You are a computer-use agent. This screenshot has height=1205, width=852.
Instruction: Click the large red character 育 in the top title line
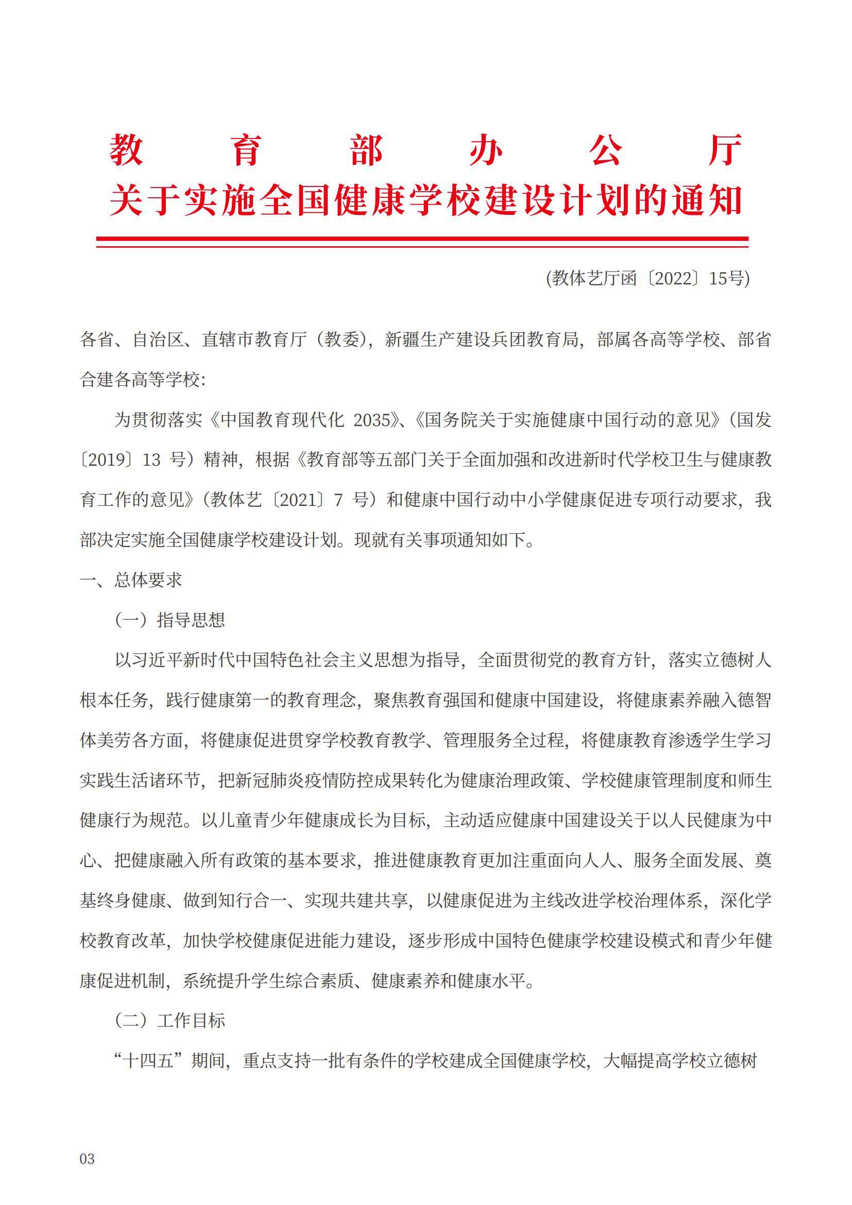pos(246,150)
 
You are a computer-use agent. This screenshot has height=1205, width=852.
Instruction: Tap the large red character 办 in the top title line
pos(485,150)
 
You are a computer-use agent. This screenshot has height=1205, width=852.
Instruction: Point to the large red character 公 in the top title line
pos(605,150)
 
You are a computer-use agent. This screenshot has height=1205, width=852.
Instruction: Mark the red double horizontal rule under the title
pos(422,242)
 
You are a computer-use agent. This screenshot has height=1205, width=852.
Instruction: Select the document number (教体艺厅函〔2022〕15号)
pos(648,278)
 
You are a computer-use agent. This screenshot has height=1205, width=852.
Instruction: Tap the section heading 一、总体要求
pos(131,580)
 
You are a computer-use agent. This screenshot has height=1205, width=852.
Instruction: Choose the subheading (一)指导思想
pos(170,620)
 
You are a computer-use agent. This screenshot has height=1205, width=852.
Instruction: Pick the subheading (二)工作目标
pos(170,1021)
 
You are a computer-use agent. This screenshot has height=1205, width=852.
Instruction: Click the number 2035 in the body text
pos(372,420)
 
